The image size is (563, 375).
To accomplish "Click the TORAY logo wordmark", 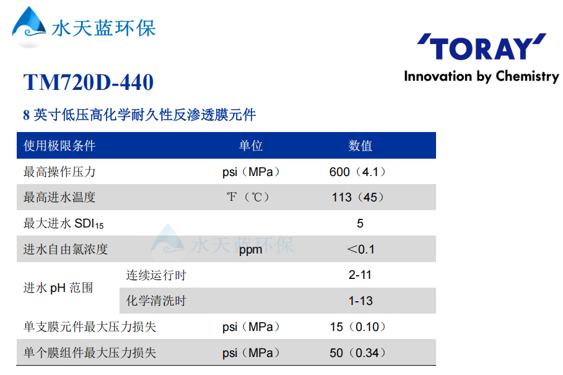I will coord(481,48).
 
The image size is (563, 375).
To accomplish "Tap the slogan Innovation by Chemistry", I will coord(481,76).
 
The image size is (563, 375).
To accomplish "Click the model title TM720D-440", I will coord(88,82).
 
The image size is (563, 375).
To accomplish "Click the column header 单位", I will coord(251,146).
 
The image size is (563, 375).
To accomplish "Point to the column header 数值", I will coord(360,146).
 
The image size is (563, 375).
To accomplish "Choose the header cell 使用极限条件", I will coord(59,146).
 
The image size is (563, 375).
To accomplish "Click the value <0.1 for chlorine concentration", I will coord(360,249).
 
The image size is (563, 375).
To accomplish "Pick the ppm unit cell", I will coord(251,250).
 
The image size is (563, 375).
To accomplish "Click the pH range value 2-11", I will coord(360,275).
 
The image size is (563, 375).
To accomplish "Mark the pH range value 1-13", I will coord(360,301).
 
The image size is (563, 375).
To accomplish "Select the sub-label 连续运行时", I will coord(156,275).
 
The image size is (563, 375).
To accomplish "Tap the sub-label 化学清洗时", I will coord(156,301).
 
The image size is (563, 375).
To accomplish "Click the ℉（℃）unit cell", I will coord(248,198).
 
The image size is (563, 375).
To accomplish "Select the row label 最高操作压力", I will coord(59,172).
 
